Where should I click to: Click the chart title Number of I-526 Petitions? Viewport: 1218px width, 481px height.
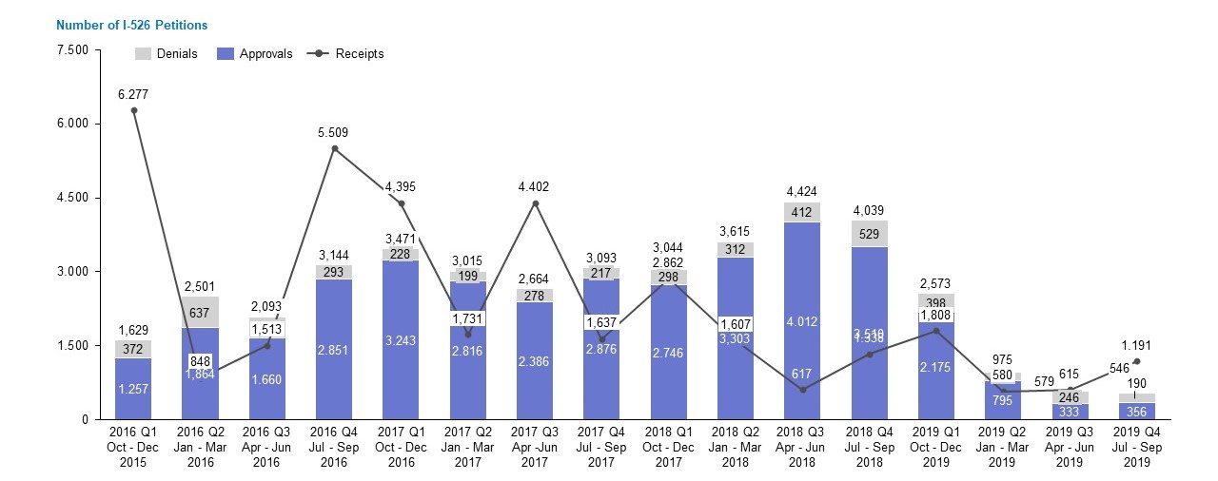click(132, 25)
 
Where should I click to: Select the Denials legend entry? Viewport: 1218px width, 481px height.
click(167, 54)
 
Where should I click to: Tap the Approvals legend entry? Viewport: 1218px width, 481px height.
click(256, 54)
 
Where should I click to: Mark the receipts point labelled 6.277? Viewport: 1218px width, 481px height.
click(133, 110)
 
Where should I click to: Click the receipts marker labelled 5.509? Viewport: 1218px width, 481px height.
click(334, 148)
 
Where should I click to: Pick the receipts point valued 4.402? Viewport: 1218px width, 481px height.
click(535, 203)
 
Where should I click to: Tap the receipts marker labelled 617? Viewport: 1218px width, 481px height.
click(802, 390)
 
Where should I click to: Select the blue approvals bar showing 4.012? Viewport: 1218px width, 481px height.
click(802, 320)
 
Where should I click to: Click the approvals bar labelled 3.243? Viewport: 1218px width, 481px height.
click(401, 339)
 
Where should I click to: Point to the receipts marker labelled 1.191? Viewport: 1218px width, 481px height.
click(1137, 361)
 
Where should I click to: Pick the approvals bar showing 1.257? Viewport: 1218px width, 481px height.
click(133, 389)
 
